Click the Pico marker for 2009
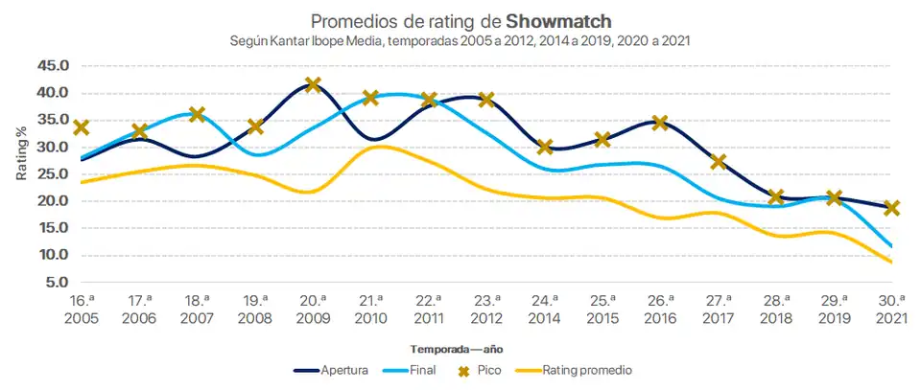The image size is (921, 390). click(x=313, y=85)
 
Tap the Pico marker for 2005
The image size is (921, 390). click(x=82, y=127)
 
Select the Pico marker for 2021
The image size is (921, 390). click(x=892, y=207)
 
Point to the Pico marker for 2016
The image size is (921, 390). click(x=660, y=123)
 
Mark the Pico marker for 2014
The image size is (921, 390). click(x=545, y=147)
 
